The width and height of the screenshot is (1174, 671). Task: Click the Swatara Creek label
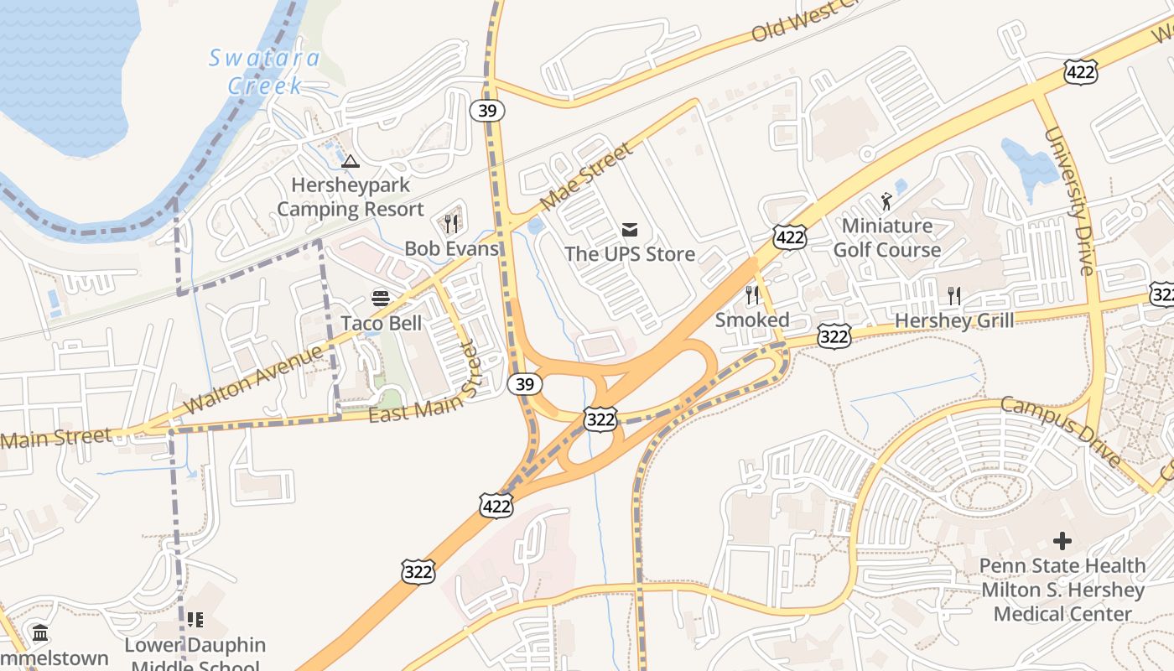click(263, 71)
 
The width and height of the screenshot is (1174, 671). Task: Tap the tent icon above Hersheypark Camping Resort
click(351, 160)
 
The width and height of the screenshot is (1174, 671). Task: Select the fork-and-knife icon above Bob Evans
click(451, 223)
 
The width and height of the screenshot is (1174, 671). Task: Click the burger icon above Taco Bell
click(381, 298)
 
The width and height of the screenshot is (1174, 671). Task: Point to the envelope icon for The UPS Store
click(630, 229)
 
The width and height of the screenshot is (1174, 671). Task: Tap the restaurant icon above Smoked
click(752, 294)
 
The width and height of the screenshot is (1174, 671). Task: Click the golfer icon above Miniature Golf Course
click(886, 201)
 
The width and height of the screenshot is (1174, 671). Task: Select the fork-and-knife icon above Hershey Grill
click(953, 294)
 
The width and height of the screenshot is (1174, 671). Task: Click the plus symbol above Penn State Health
click(1062, 540)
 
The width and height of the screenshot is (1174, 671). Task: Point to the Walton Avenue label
click(252, 379)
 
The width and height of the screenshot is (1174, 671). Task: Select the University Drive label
click(1068, 201)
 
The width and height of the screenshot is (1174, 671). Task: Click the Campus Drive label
click(1061, 432)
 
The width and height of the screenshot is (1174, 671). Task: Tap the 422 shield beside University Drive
click(1080, 73)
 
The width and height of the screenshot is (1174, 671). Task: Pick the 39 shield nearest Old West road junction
click(486, 110)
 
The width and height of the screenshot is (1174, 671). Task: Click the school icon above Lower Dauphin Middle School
click(195, 620)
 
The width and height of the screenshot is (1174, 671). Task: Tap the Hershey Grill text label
click(953, 320)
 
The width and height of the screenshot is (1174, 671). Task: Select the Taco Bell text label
click(381, 323)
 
